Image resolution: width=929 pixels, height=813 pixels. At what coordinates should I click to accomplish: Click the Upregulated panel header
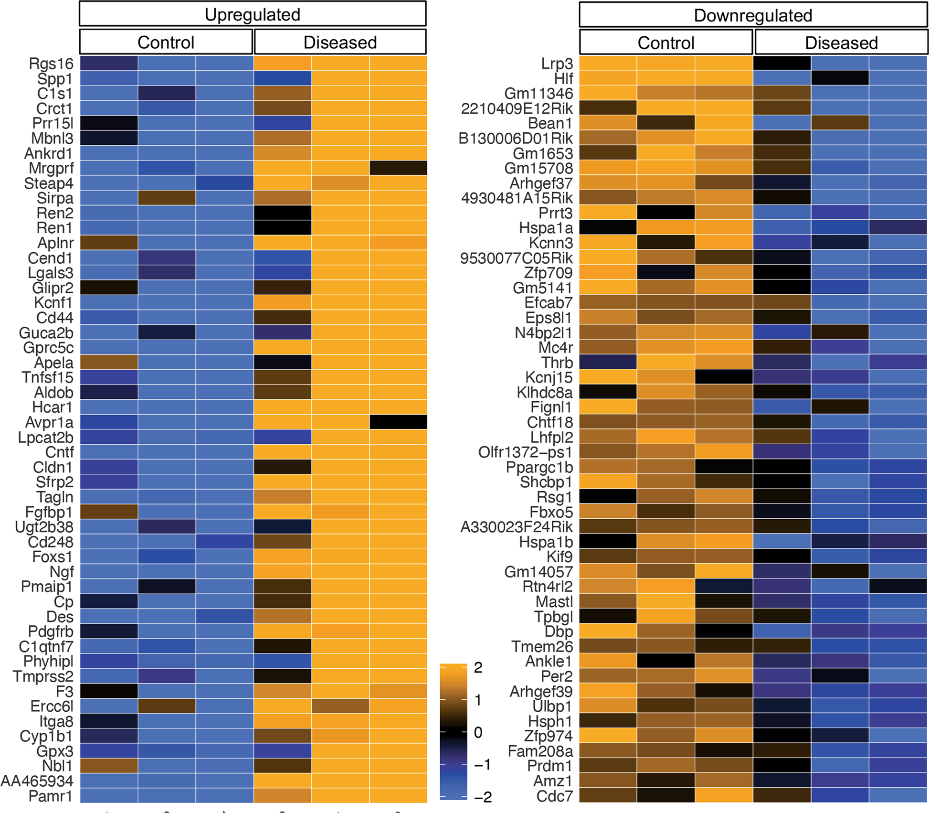tap(252, 14)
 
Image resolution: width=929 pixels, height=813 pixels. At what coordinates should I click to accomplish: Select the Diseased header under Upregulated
tap(340, 42)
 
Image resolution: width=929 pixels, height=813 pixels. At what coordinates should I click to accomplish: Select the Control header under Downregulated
tap(665, 43)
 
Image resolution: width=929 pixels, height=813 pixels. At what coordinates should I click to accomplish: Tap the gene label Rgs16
tap(51, 64)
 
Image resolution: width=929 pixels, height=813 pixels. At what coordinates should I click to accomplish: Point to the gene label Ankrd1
tap(49, 153)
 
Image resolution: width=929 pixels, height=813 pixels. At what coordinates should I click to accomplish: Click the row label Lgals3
tap(51, 273)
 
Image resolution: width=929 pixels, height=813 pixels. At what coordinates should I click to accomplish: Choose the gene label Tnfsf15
tap(47, 377)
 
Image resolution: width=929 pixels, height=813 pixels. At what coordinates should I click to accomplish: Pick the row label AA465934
tap(37, 781)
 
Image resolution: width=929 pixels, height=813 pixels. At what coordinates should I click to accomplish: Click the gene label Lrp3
tap(557, 64)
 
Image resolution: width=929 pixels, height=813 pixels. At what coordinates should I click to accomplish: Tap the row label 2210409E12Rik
tap(517, 108)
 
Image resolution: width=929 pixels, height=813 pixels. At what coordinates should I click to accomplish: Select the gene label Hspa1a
tap(546, 228)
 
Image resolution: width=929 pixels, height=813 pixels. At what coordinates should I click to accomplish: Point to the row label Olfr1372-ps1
tap(525, 452)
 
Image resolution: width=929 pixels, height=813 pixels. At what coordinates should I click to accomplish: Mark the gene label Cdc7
tap(554, 796)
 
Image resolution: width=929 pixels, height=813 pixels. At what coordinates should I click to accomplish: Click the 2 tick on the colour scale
tap(478, 667)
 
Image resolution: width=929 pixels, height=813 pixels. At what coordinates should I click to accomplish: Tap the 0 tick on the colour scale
tap(478, 732)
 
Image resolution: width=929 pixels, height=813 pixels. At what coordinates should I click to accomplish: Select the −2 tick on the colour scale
tap(482, 797)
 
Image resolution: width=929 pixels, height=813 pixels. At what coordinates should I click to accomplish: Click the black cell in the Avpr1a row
tap(398, 422)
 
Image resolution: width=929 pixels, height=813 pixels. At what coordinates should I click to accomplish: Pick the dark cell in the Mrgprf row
tap(398, 168)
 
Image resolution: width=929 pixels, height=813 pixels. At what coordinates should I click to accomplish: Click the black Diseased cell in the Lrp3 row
tap(781, 63)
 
